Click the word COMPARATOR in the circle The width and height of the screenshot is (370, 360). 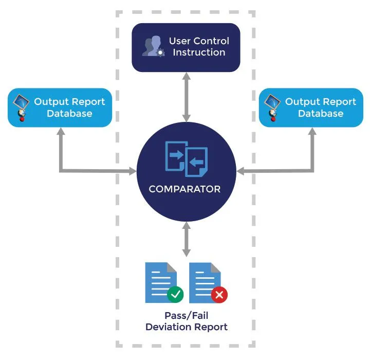pyautogui.click(x=184, y=189)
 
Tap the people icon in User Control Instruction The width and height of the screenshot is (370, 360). pyautogui.click(x=153, y=46)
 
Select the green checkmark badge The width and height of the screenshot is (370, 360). pyautogui.click(x=176, y=295)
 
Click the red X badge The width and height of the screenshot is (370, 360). pyautogui.click(x=219, y=295)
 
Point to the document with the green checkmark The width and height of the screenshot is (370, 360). pyautogui.click(x=159, y=282)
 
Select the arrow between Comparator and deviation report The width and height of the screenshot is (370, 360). pyautogui.click(x=186, y=240)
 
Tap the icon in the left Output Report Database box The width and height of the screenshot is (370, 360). pyautogui.click(x=21, y=107)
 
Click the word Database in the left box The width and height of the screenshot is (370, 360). pyautogui.click(x=69, y=113)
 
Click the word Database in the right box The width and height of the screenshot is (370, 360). pyautogui.click(x=321, y=113)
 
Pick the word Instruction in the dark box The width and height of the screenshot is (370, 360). pyautogui.click(x=199, y=52)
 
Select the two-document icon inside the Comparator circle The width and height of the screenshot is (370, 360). pyautogui.click(x=186, y=156)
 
